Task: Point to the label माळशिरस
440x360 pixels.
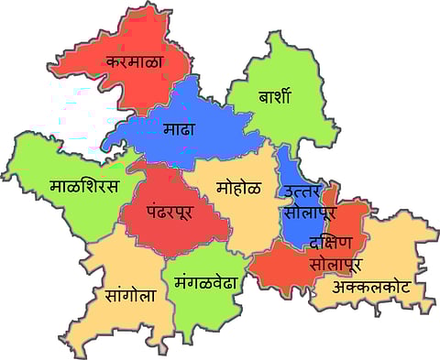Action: [x=83, y=187]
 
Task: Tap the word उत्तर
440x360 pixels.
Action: [x=304, y=191]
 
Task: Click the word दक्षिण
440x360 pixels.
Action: [x=331, y=243]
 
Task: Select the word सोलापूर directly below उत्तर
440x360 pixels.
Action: [x=309, y=213]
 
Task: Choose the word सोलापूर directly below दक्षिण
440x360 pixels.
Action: [x=335, y=264]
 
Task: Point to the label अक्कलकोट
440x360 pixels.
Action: [x=369, y=288]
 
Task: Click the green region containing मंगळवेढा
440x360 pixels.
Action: [x=202, y=307]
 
